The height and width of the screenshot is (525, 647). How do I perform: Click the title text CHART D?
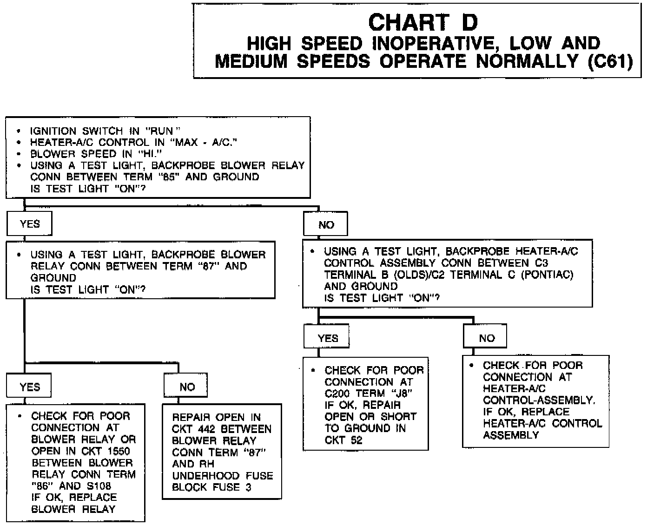pyautogui.click(x=423, y=22)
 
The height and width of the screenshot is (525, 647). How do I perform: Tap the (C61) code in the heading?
pyautogui.click(x=609, y=62)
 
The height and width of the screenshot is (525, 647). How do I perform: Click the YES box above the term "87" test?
pyautogui.click(x=29, y=224)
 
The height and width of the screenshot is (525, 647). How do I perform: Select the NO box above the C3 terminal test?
pyautogui.click(x=326, y=225)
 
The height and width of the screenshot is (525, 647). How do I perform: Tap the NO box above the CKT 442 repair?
pyautogui.click(x=187, y=387)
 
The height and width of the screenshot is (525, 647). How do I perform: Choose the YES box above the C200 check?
pyautogui.click(x=328, y=338)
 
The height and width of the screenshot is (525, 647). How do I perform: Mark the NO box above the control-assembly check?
pyautogui.click(x=486, y=338)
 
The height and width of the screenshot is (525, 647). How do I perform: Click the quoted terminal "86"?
pyautogui.click(x=41, y=486)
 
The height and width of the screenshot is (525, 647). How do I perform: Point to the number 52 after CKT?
pyautogui.click(x=356, y=440)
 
